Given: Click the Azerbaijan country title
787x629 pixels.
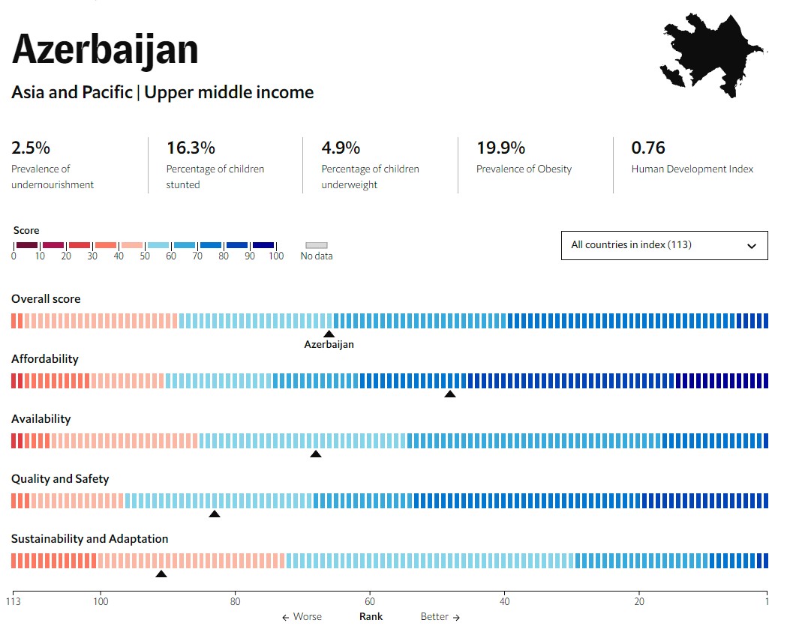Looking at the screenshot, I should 105,49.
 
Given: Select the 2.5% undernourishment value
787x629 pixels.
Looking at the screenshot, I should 31,148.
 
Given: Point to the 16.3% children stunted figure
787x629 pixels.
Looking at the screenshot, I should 191,148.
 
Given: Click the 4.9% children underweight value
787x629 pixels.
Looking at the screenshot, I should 341,148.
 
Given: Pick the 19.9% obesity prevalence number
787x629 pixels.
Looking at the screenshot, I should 500,148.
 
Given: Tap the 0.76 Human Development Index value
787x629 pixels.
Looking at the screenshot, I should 648,148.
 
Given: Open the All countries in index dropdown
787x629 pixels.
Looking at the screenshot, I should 664,245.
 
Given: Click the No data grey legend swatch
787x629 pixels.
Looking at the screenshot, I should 317,245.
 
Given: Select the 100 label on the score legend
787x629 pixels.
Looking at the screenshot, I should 276,256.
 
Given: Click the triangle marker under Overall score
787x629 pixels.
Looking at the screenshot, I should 329,334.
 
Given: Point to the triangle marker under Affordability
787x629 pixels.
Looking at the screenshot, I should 450,394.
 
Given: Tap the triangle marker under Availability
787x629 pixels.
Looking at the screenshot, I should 316,454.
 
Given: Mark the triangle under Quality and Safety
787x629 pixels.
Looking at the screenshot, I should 215,514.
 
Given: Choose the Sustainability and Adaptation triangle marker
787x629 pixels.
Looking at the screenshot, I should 161,574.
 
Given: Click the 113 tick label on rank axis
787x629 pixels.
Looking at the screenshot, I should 13,601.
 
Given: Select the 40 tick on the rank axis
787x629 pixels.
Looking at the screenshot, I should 505,601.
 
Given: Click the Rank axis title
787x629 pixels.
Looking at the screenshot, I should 371,617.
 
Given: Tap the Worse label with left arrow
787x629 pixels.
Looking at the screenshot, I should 302,617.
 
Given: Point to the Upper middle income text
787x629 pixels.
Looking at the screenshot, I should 230,93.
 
